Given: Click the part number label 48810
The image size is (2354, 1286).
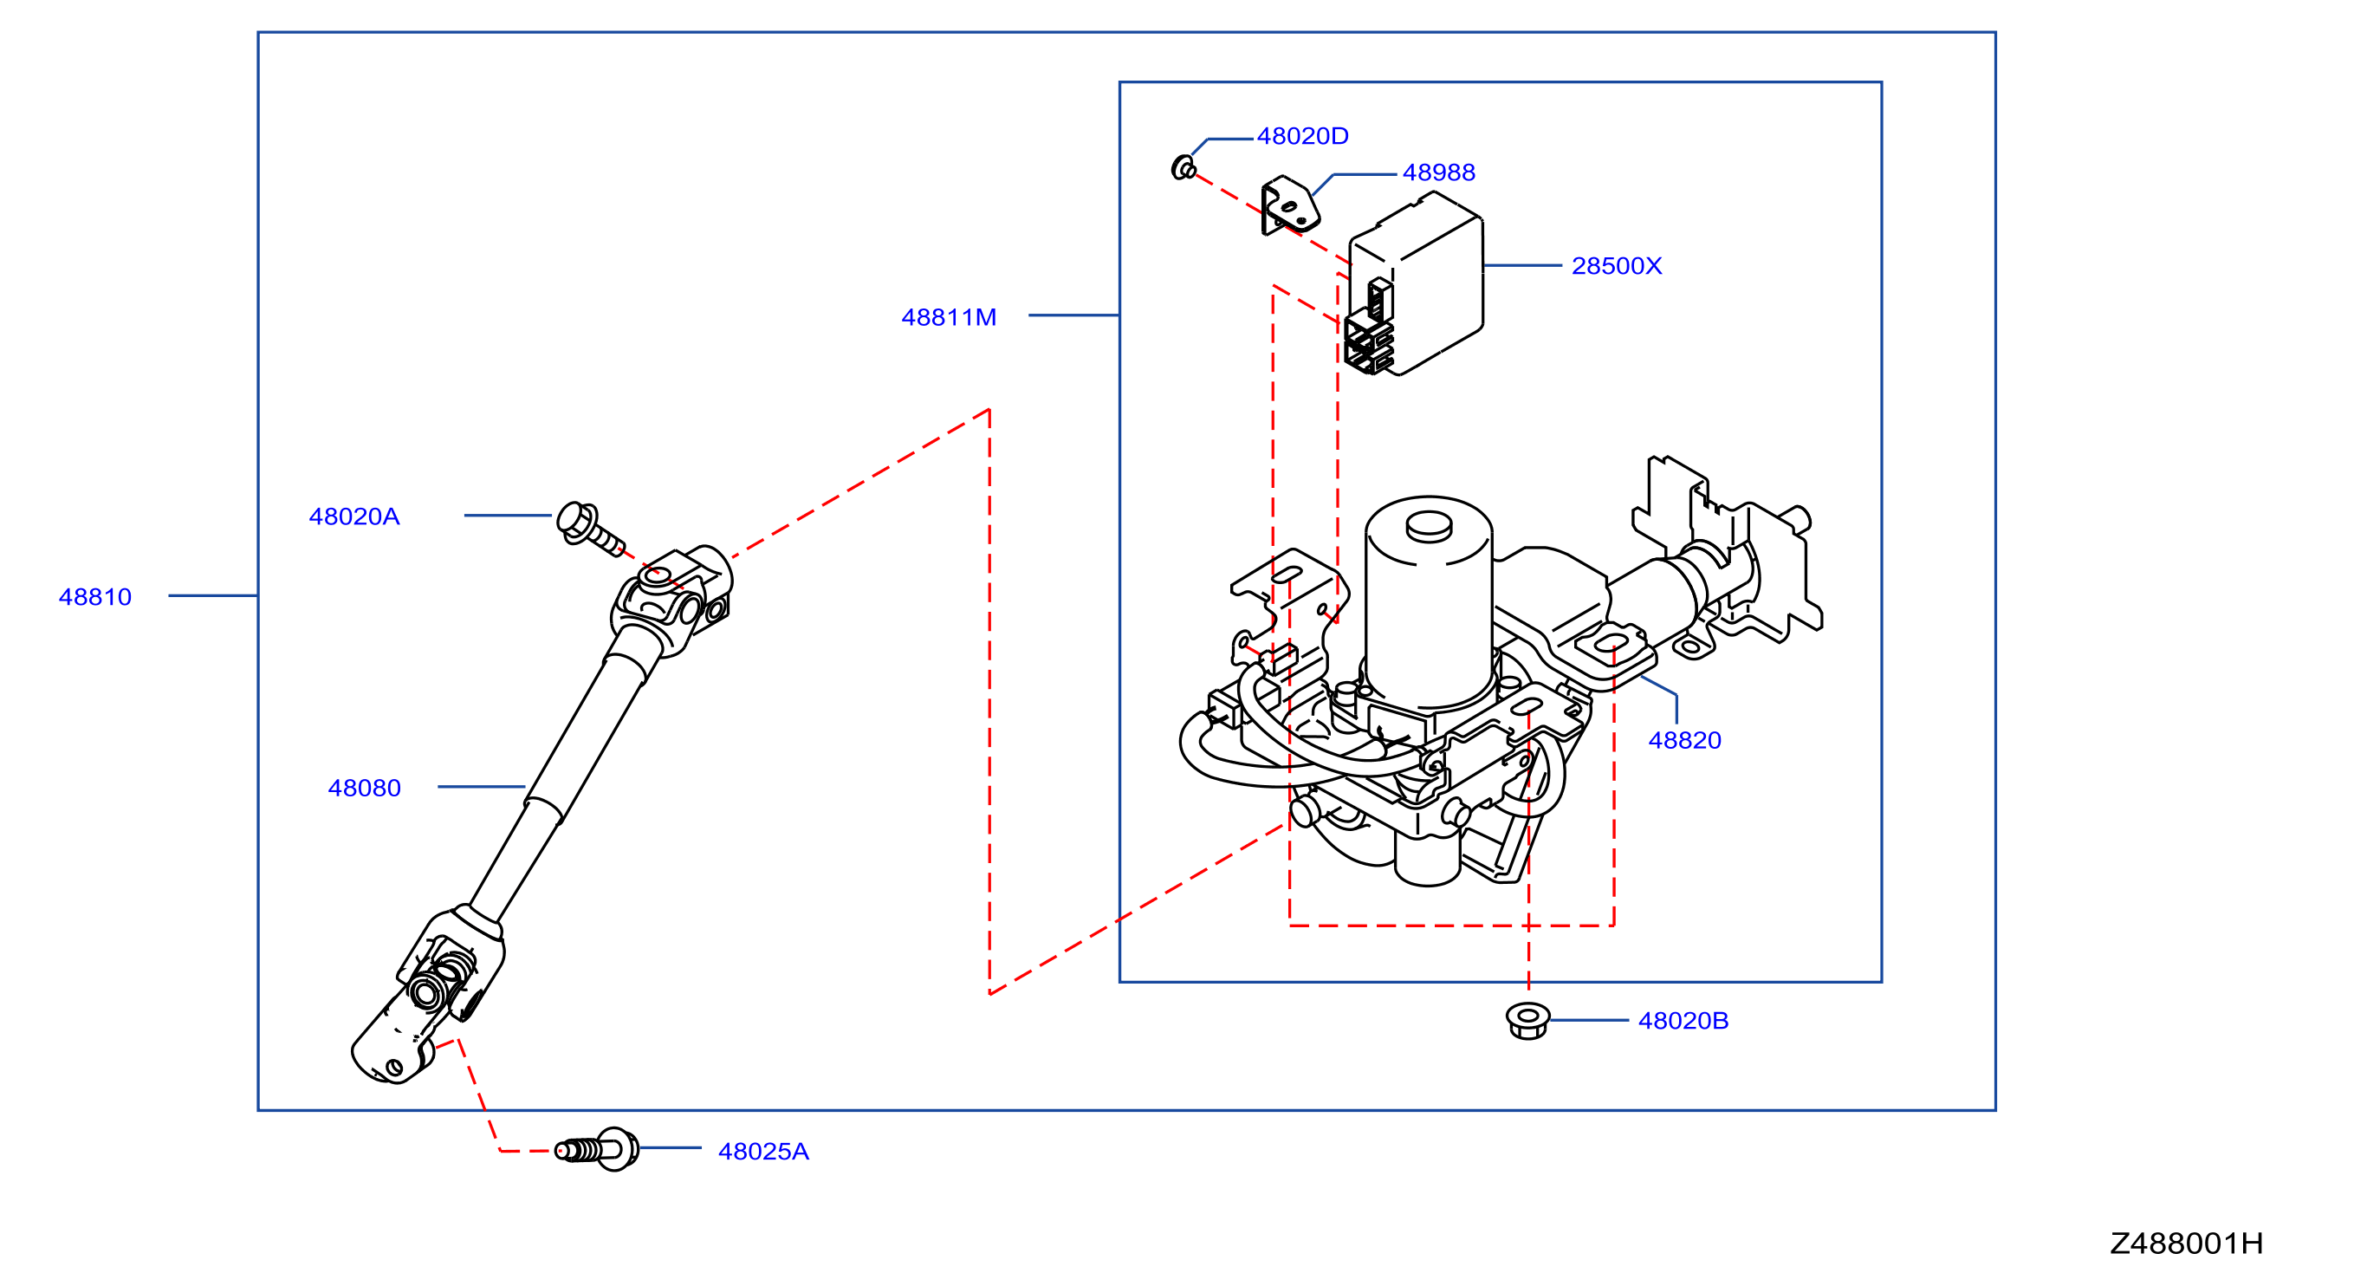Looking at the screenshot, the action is click(x=95, y=597).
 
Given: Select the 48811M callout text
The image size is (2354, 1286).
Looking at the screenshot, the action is click(x=949, y=317).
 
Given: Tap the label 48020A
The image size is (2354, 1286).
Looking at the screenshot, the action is click(x=354, y=516).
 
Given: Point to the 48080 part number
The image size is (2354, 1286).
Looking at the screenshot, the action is click(x=365, y=788).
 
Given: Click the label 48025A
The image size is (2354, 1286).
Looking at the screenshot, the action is click(x=764, y=1152).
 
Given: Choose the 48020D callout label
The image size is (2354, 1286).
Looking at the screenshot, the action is click(x=1303, y=136).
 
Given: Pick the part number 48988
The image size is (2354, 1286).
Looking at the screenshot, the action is click(x=1439, y=172).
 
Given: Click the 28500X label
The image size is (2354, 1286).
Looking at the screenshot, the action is click(x=1617, y=266).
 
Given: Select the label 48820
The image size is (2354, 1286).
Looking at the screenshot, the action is click(x=1685, y=740).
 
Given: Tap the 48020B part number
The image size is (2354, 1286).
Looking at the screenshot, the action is click(x=1683, y=1021).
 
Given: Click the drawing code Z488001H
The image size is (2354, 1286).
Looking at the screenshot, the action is click(x=2187, y=1244).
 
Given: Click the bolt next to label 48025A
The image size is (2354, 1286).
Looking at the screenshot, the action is click(x=598, y=1149).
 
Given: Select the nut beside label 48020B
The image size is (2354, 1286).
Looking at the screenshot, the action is click(x=1528, y=1021).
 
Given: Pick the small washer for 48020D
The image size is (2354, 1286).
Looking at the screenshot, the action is click(x=1183, y=167).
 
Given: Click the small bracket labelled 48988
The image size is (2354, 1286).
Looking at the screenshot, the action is click(x=1290, y=205).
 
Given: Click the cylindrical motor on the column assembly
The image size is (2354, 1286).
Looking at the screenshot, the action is click(x=1429, y=603).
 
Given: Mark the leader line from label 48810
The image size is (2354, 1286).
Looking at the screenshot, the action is click(x=213, y=596).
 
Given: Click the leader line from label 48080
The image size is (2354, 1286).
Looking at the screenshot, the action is click(x=482, y=787).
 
